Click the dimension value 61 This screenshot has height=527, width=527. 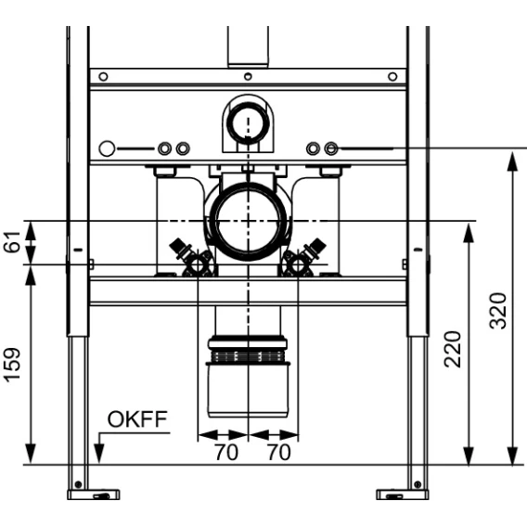12,242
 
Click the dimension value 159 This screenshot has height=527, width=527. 12,365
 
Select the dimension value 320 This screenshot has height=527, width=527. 497,311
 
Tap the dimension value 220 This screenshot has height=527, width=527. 453,349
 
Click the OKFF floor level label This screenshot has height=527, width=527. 137,419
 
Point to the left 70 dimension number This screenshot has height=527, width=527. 226,453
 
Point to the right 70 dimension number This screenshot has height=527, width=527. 279,453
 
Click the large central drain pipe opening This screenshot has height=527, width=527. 249,221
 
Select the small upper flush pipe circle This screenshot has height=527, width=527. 248,121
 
